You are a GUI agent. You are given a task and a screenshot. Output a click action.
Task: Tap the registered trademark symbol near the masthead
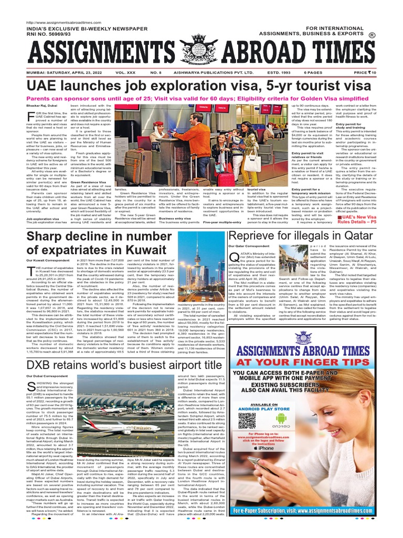pyautogui.click(x=387, y=36)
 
